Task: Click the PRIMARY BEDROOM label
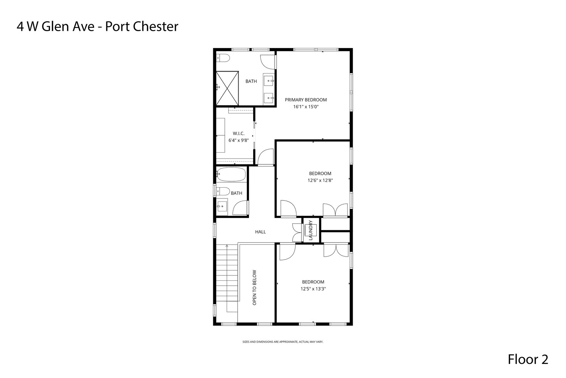coord(306,100)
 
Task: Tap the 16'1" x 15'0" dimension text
coord(306,107)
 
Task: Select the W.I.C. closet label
coord(238,133)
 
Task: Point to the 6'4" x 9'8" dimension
coord(238,140)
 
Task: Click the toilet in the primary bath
coord(222,58)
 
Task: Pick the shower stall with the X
coord(227,88)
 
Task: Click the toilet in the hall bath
coord(222,191)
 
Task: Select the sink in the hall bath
coord(222,206)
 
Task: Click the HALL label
coord(260,232)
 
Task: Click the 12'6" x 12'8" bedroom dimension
coord(320,181)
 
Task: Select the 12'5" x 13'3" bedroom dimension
coord(313,289)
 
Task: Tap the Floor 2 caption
coord(528,359)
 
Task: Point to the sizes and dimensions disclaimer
coord(282,342)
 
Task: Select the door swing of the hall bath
coord(241,209)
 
